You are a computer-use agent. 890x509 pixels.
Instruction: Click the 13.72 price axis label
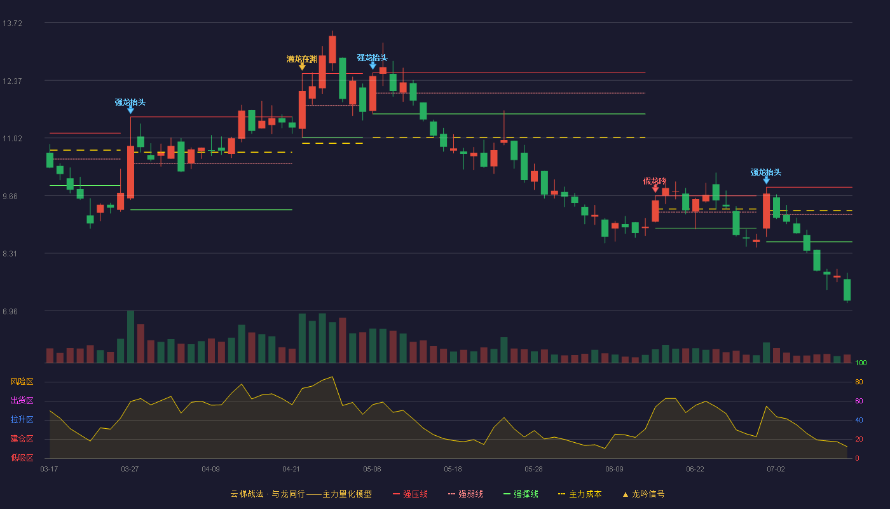pos(12,24)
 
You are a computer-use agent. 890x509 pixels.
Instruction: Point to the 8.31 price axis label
pos(10,254)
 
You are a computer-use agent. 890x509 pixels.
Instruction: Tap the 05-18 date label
pos(453,470)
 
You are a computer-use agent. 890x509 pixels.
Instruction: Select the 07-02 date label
pos(776,470)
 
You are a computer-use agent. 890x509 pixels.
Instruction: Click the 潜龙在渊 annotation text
pos(302,59)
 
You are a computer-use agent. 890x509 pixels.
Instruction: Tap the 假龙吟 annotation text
pos(655,181)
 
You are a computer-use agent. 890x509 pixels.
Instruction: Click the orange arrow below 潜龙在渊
pos(302,67)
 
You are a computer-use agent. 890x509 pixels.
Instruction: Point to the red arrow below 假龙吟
pos(655,190)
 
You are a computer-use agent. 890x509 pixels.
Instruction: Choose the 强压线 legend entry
pos(410,494)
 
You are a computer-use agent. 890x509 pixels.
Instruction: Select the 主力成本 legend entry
pos(580,494)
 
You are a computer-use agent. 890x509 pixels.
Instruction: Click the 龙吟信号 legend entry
pos(643,494)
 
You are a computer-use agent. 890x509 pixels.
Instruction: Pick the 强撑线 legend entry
pos(521,494)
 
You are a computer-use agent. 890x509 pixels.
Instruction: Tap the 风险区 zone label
pos(22,382)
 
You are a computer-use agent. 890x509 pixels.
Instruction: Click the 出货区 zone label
pos(22,400)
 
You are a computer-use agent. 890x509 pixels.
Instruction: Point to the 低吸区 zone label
pos(22,457)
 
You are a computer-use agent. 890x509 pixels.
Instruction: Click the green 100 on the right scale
pos(861,363)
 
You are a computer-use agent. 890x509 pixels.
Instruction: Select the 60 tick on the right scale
pos(859,401)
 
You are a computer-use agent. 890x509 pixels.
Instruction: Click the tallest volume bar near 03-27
pos(130,337)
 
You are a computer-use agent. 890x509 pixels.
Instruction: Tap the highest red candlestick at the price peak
pos(332,50)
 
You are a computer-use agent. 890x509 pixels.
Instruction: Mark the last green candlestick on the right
pos(847,290)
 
